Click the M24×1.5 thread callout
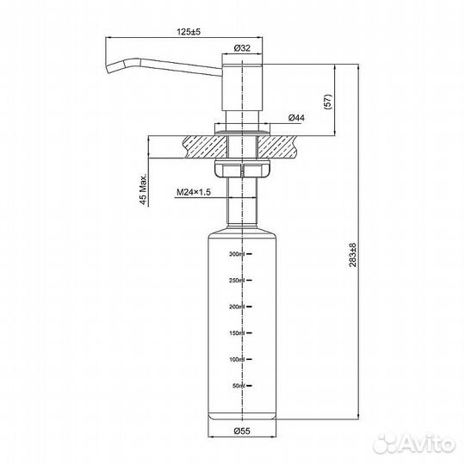pos(193,194)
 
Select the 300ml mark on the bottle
pos(237,254)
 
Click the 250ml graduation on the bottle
pos(237,281)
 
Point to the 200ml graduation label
pos(237,307)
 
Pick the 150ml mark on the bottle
pos(237,333)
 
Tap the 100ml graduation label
pos(237,359)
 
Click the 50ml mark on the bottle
pos(239,386)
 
